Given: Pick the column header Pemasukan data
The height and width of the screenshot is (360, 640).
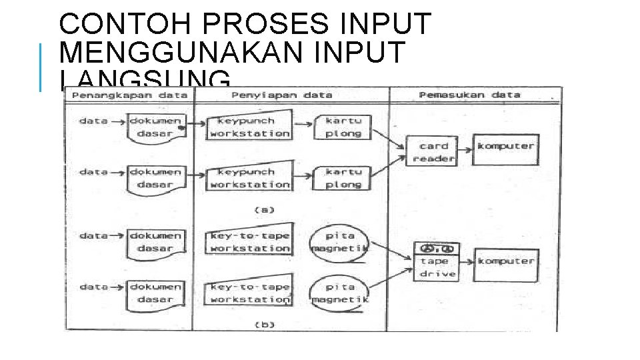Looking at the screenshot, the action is click(x=469, y=95).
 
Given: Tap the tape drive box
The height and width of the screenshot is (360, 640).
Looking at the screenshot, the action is click(x=437, y=267).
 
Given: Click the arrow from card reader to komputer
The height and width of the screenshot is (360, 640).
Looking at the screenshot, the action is click(x=465, y=147).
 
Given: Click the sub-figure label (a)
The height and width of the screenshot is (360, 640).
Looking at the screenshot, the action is click(x=265, y=210).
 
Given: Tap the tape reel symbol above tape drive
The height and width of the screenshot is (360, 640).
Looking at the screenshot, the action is click(x=437, y=247).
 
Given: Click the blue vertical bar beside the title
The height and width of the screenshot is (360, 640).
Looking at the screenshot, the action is click(x=41, y=67).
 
